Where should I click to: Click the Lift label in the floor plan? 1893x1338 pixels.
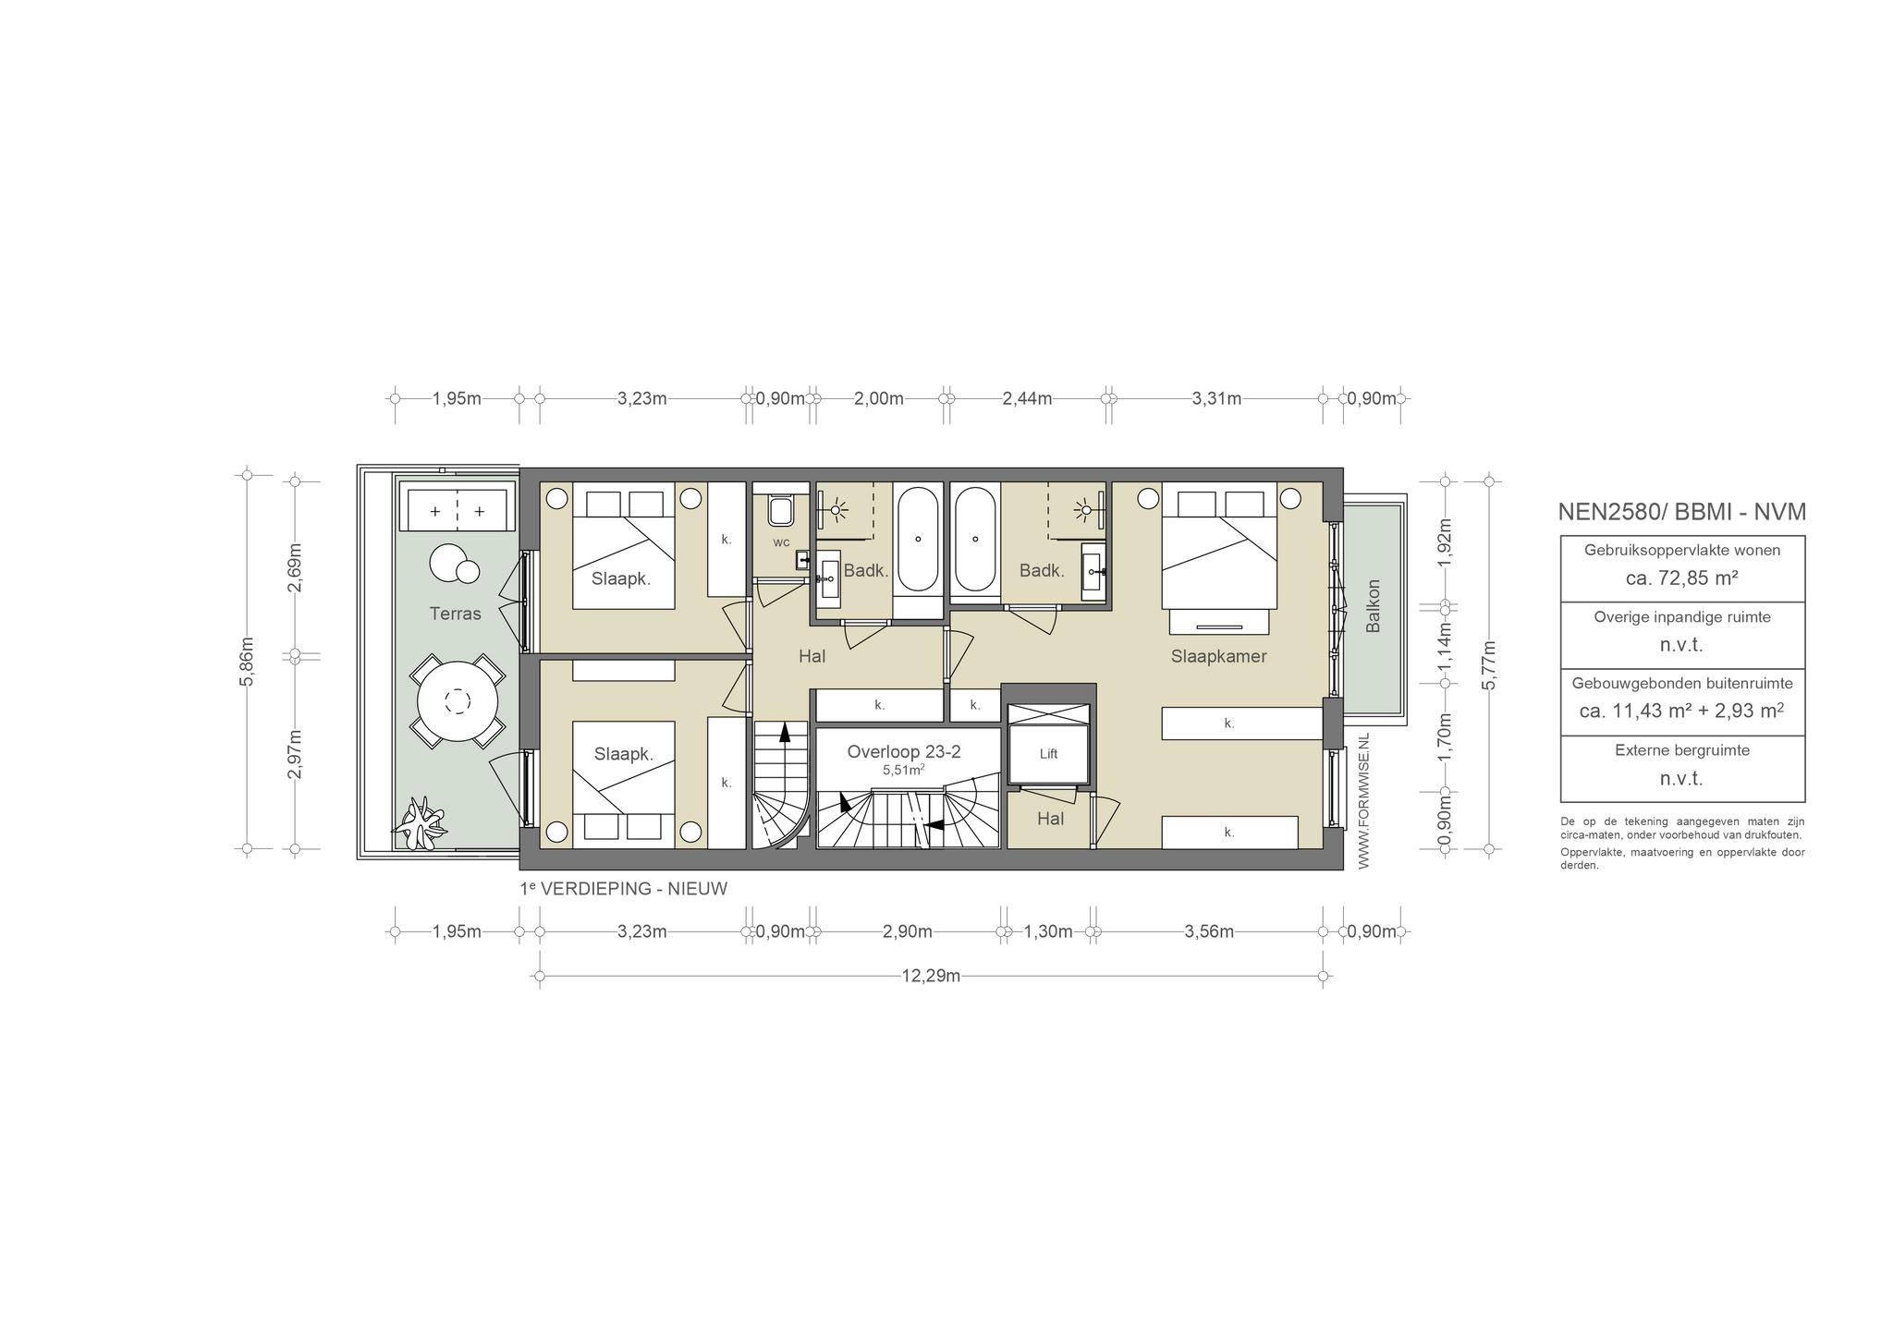[x=1048, y=754]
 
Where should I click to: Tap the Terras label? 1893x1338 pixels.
[x=455, y=614]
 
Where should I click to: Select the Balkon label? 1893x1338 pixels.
[x=1374, y=606]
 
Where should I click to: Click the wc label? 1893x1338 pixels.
[x=781, y=542]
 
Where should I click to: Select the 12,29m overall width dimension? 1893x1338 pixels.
[x=931, y=976]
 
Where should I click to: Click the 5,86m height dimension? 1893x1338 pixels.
[x=248, y=662]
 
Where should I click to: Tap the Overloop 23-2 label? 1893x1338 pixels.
[x=904, y=752]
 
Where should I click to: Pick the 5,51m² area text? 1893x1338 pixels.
[x=904, y=769]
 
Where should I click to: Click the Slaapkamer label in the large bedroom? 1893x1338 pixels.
[x=1218, y=657]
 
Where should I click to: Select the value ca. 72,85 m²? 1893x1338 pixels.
[x=1682, y=578]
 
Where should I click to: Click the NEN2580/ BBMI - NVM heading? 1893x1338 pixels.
[x=1682, y=512]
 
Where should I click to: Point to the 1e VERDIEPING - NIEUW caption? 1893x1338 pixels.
[x=624, y=889]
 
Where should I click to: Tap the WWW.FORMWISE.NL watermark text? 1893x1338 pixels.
[x=1364, y=800]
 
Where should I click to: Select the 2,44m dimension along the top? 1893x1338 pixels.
[x=1027, y=399]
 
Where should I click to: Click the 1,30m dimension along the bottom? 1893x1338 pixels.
[x=1048, y=931]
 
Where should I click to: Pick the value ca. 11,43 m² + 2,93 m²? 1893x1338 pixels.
[x=1682, y=712]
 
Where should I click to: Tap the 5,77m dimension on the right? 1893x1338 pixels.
[x=1488, y=665]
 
